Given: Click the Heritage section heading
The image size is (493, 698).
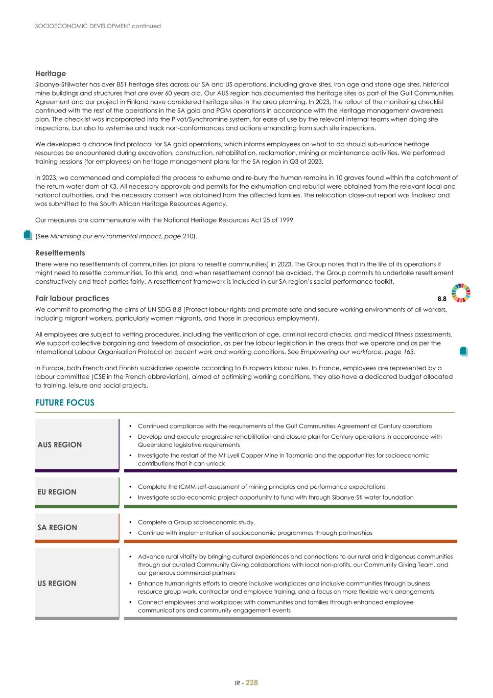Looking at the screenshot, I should point(50,74).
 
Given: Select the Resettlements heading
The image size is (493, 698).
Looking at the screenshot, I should point(60,253).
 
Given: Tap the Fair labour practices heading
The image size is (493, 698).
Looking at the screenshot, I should point(72,298).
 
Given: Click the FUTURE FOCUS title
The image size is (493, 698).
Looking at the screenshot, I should point(64,403).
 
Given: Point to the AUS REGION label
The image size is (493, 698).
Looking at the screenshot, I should point(59,445).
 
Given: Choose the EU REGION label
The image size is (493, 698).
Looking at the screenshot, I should point(57,492).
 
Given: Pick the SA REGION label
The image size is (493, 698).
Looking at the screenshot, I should point(57,528).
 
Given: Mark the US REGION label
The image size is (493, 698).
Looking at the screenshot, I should point(57,583).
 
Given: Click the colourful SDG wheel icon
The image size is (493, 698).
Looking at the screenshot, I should point(461,293).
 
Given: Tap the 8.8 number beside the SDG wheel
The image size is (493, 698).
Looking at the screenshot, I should point(442,299).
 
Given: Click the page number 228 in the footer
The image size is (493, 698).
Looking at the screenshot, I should point(252,683).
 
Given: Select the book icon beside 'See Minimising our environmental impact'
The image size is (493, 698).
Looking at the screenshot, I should point(28,235).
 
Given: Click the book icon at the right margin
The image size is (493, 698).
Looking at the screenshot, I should point(463,351).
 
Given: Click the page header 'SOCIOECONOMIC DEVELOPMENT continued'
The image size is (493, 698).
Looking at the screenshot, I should point(98,26).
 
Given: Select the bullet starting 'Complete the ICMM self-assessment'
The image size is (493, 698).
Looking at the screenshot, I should point(262,487).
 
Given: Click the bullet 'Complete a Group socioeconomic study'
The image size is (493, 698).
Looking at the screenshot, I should point(196,522).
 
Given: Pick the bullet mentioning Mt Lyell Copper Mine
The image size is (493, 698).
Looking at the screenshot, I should point(283,459).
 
